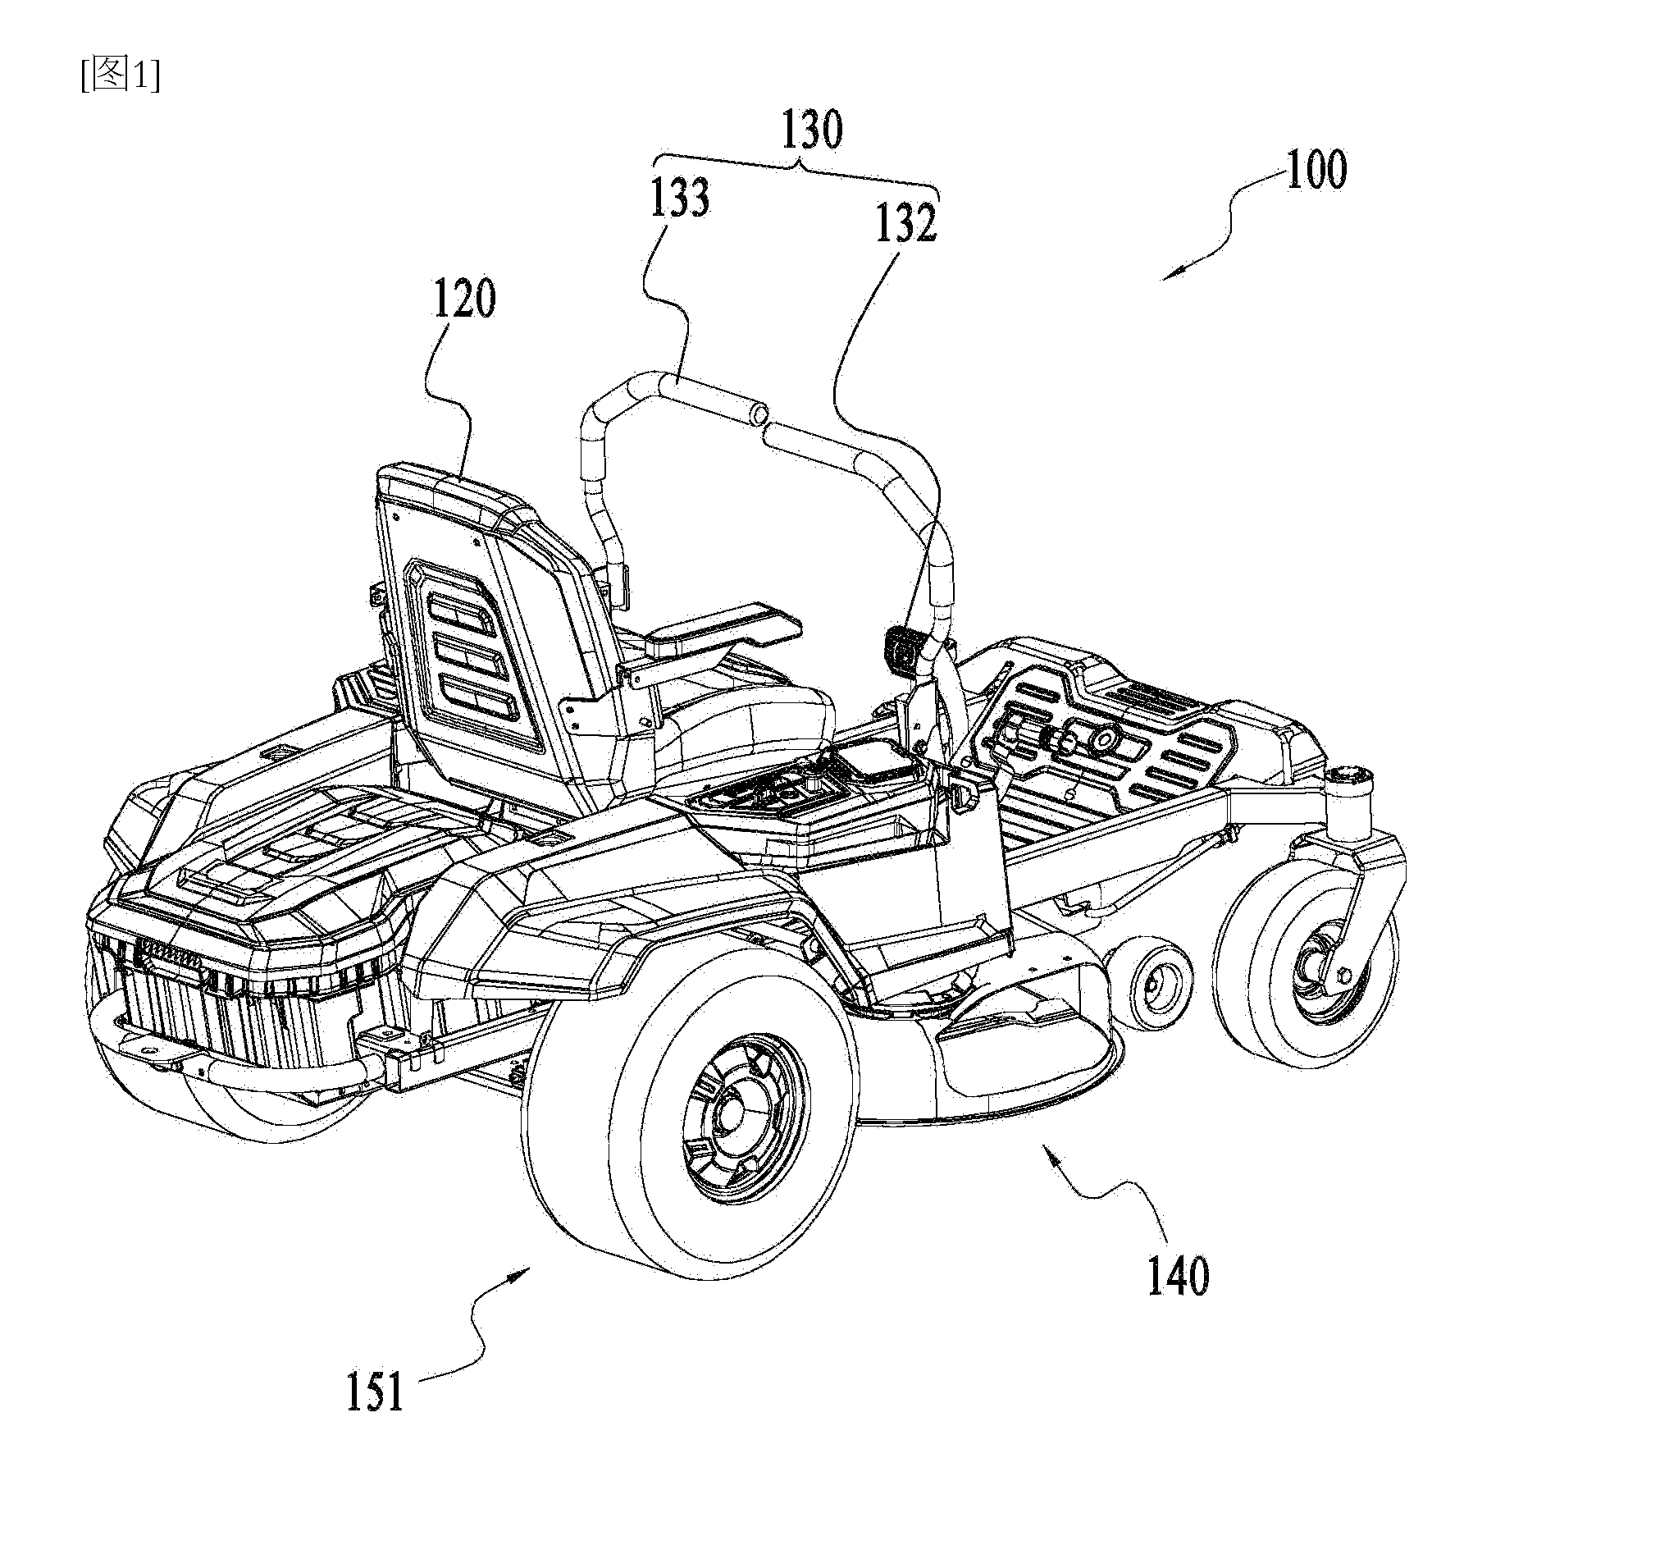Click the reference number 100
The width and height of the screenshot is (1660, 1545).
pyautogui.click(x=1316, y=170)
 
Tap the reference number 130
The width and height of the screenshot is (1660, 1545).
pyautogui.click(x=812, y=131)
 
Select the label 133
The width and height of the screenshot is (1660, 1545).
pyautogui.click(x=680, y=198)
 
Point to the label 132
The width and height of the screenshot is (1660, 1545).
pyautogui.click(x=906, y=223)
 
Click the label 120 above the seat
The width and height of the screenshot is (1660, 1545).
pyautogui.click(x=464, y=298)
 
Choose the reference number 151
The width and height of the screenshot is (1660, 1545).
pyautogui.click(x=376, y=1392)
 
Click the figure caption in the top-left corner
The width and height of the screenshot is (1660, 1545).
pyautogui.click(x=121, y=77)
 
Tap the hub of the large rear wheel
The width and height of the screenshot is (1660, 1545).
pyautogui.click(x=729, y=1114)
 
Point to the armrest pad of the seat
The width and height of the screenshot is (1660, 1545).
pyautogui.click(x=722, y=627)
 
